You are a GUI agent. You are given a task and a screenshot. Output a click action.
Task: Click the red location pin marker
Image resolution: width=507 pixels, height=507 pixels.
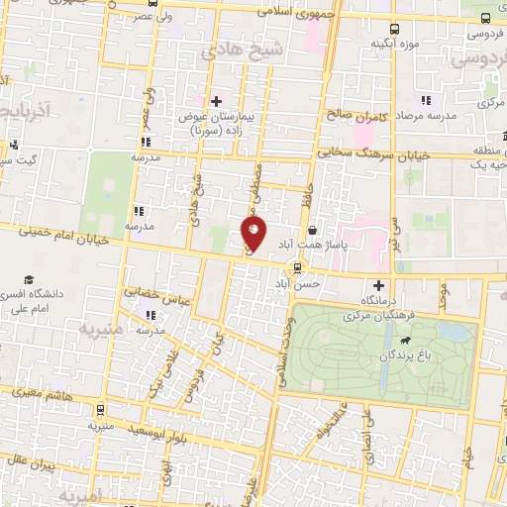254,234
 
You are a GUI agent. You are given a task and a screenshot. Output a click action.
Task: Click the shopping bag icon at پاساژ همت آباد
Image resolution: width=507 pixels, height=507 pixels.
312,231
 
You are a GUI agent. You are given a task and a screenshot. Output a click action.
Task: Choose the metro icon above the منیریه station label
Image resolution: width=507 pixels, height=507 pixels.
100,409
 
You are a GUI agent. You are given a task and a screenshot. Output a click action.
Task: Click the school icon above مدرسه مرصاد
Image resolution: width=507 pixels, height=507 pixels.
426,100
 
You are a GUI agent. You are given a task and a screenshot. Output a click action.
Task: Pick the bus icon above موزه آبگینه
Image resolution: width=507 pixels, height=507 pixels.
394,30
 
